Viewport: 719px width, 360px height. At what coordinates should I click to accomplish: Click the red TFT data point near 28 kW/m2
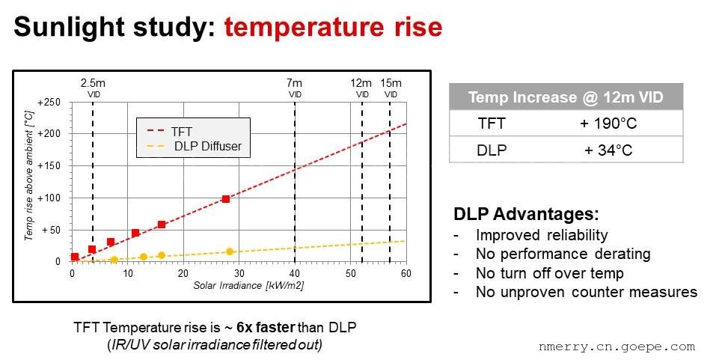coord(225,199)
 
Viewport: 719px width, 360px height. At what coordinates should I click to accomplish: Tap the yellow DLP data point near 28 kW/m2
coord(230,251)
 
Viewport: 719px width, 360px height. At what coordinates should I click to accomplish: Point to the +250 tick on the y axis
coord(49,103)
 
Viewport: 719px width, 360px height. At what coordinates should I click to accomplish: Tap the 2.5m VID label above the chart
coord(93,88)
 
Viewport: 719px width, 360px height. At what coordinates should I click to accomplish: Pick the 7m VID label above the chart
coord(295,88)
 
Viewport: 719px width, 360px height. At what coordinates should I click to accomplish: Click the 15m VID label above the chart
coord(391,88)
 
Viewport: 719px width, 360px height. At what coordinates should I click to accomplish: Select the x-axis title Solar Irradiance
coord(248,285)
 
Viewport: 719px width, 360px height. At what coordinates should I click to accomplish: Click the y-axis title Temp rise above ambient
coord(29,174)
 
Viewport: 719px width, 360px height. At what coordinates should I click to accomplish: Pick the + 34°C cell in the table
coord(608,150)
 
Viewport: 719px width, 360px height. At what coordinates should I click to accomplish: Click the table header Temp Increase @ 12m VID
coord(566,97)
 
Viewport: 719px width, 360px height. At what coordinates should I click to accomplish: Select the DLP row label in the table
coord(492,150)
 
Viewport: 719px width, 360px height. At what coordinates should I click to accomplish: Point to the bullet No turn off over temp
coord(549,273)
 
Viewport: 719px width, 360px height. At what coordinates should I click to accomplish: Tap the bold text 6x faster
coord(266,328)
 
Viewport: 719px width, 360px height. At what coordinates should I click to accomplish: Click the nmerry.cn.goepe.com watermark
coord(616,347)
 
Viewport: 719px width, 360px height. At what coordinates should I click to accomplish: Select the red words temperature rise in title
coord(333,28)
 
